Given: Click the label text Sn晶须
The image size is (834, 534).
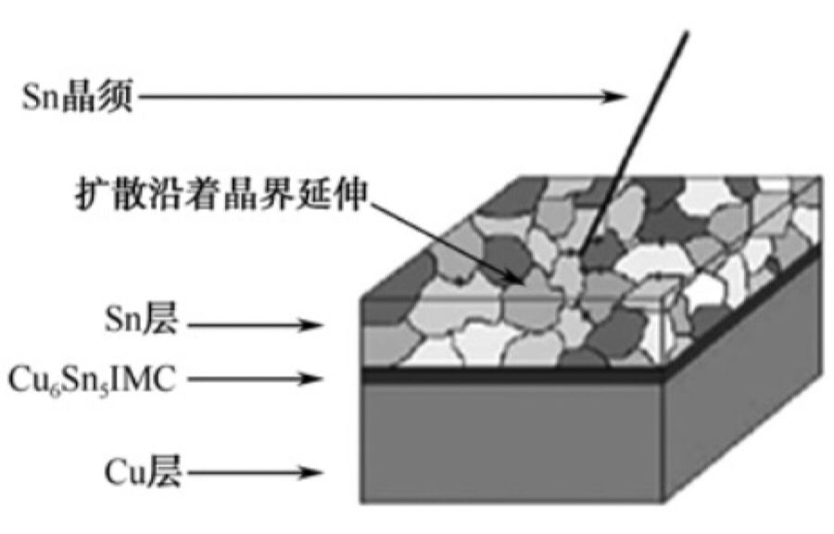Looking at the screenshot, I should (x=78, y=96).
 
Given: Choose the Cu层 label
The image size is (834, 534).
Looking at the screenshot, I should (x=142, y=475).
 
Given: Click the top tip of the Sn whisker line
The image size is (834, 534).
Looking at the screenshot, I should (x=689, y=32).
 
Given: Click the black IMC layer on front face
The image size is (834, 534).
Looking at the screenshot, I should (x=510, y=375).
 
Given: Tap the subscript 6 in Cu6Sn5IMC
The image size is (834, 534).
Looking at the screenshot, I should (x=48, y=386).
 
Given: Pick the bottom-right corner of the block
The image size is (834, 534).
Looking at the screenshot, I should (x=663, y=502).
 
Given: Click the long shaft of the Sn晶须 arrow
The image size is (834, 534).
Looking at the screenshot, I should (x=371, y=95).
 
